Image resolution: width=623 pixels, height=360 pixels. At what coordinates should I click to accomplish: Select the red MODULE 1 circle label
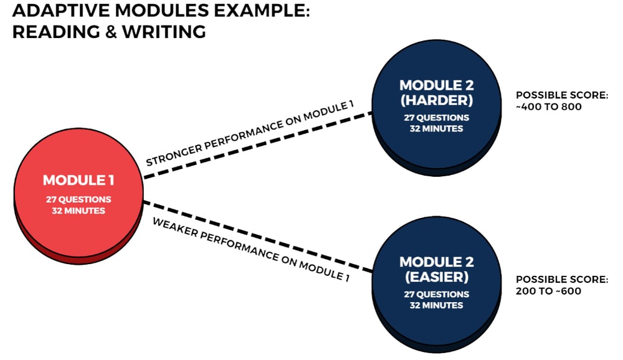[x=78, y=181]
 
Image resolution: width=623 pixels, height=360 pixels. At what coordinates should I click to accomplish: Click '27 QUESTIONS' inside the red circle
[x=78, y=200]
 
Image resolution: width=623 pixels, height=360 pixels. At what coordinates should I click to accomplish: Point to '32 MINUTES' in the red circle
[x=78, y=211]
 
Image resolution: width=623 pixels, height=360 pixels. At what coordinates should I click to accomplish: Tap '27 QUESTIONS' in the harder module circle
[x=437, y=118]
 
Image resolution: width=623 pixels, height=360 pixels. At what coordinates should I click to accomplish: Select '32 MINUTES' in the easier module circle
[x=436, y=305]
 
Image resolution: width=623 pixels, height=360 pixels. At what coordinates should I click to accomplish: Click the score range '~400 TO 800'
[x=549, y=107]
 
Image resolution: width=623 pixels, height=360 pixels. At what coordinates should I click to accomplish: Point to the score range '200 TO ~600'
[x=549, y=291]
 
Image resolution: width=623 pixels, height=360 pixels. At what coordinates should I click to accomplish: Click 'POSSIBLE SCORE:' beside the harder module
[x=561, y=95]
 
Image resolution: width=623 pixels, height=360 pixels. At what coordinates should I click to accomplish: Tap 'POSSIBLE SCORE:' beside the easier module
[x=561, y=280]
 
